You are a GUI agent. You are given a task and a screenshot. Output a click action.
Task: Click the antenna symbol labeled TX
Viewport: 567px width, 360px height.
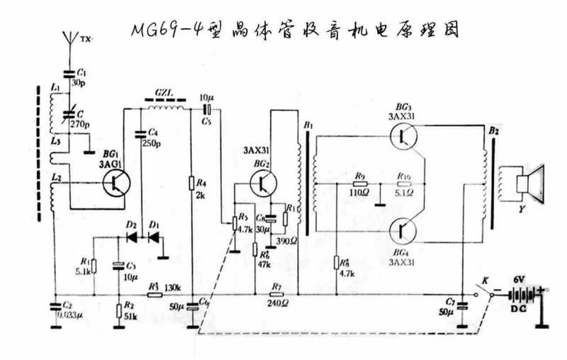point(69,37)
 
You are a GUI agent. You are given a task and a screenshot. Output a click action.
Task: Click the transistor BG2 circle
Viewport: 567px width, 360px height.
point(264,182)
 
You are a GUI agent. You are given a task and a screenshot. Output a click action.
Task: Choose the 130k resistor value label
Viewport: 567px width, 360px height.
point(173,288)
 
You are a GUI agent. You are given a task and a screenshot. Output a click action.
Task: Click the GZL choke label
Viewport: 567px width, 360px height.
point(164,93)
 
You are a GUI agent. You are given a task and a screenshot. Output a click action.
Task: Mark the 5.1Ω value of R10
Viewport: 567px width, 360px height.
point(403,191)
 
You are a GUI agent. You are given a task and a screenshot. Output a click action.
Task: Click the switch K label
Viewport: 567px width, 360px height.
point(485,279)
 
